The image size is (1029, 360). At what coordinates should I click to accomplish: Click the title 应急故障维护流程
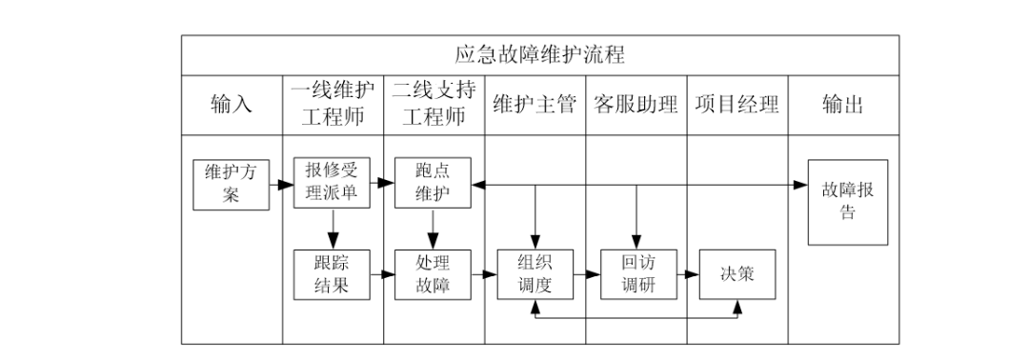click(x=539, y=53)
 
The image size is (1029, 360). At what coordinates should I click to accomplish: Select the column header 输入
click(x=232, y=105)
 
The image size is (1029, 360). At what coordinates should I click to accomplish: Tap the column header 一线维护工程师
click(x=333, y=105)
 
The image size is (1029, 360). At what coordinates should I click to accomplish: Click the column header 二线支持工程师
click(x=434, y=105)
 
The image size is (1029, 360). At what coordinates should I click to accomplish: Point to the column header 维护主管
click(x=535, y=105)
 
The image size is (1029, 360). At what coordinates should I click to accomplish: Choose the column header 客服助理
click(x=636, y=105)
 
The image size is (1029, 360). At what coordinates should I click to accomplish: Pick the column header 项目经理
click(x=737, y=105)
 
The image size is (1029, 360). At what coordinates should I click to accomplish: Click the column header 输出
click(x=843, y=105)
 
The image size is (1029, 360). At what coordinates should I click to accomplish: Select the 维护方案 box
click(x=232, y=184)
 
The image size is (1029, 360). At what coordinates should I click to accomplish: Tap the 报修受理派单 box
click(x=333, y=182)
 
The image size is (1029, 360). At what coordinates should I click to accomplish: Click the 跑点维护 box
click(x=434, y=182)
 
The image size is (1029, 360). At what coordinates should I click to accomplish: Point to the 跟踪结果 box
click(x=333, y=274)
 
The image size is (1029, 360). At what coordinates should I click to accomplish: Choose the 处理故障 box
click(x=434, y=274)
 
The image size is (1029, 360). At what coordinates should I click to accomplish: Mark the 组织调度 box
click(x=535, y=274)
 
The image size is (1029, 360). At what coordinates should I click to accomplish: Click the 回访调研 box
click(x=636, y=274)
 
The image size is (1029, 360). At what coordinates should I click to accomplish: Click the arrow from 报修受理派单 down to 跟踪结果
click(x=333, y=228)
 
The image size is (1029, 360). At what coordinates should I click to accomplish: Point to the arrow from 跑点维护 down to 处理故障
click(x=434, y=228)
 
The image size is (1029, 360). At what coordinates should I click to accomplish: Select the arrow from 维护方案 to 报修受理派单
click(x=282, y=183)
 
